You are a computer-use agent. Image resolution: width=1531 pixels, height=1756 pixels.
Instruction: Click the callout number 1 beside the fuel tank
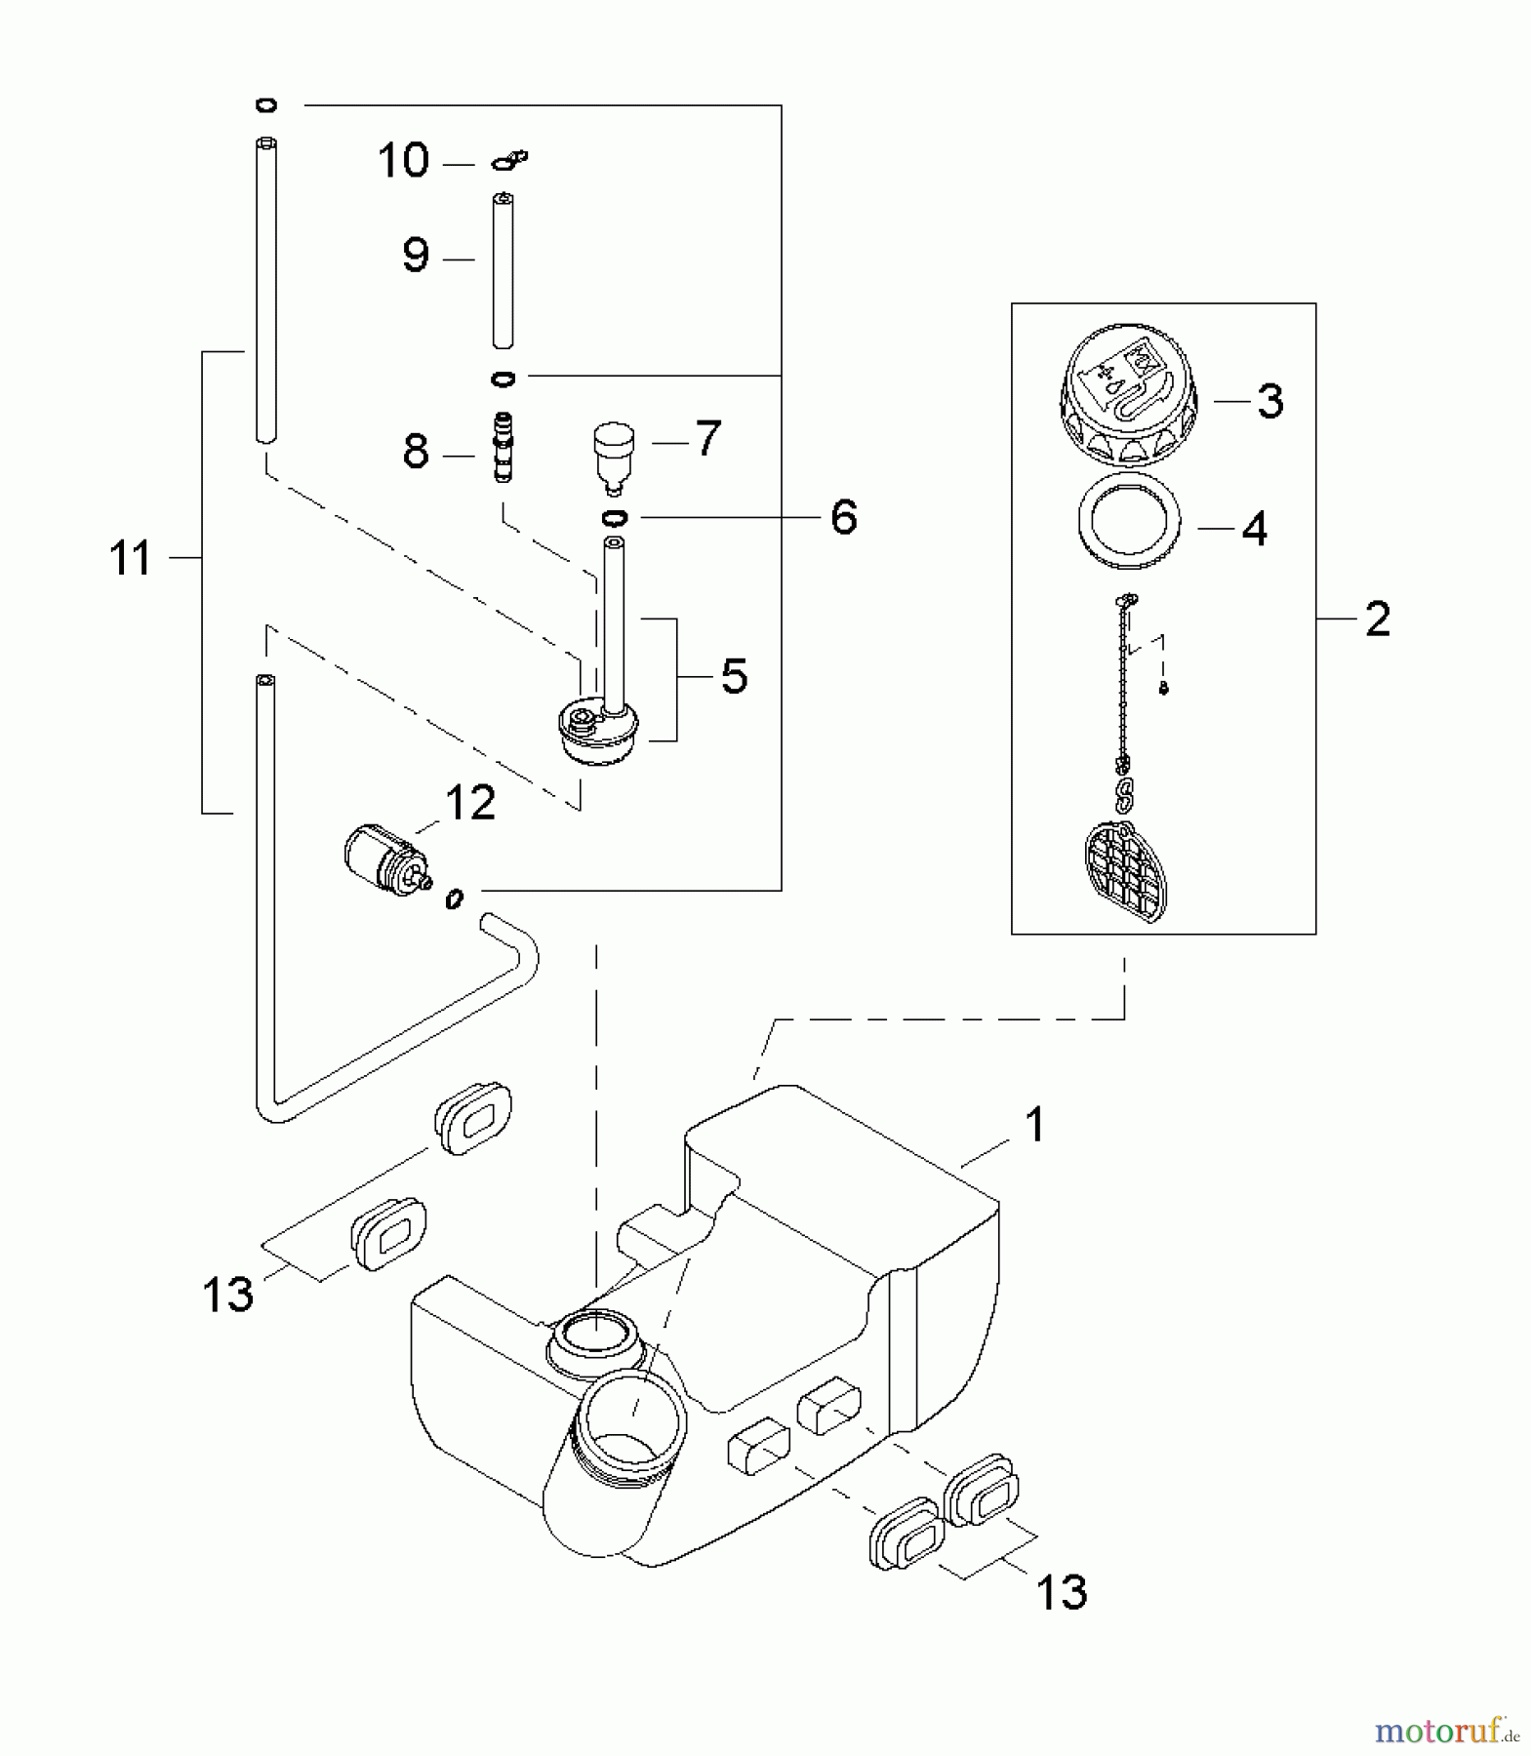point(1034,1125)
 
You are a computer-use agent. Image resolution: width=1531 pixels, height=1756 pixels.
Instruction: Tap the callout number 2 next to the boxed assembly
point(1377,619)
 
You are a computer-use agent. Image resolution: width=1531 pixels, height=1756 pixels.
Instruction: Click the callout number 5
point(734,675)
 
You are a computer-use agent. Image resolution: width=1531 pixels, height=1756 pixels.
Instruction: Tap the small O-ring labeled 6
point(615,516)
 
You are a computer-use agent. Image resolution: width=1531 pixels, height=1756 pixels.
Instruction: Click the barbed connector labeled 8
point(504,446)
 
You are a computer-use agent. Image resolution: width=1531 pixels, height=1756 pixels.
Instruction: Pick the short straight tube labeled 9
point(504,270)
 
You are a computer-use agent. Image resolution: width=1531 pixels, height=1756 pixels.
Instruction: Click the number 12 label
point(470,802)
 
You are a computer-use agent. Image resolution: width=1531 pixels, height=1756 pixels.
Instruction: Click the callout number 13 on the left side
point(227,1295)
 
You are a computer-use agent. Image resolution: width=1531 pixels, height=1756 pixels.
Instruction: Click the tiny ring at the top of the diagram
point(266,105)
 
